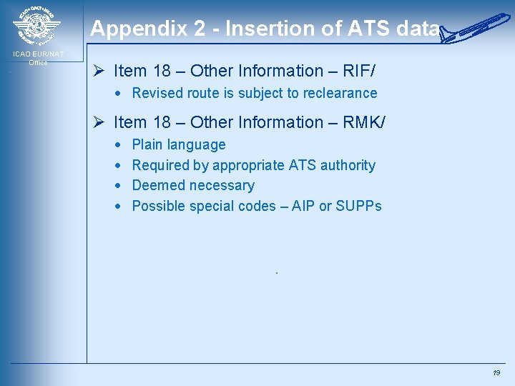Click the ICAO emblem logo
click(36, 27)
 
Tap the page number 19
click(496, 373)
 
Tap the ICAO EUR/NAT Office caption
click(38, 58)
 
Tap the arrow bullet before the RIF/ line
click(100, 71)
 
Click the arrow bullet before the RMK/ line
click(100, 122)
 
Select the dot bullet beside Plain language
click(118, 145)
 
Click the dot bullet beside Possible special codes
click(118, 207)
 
